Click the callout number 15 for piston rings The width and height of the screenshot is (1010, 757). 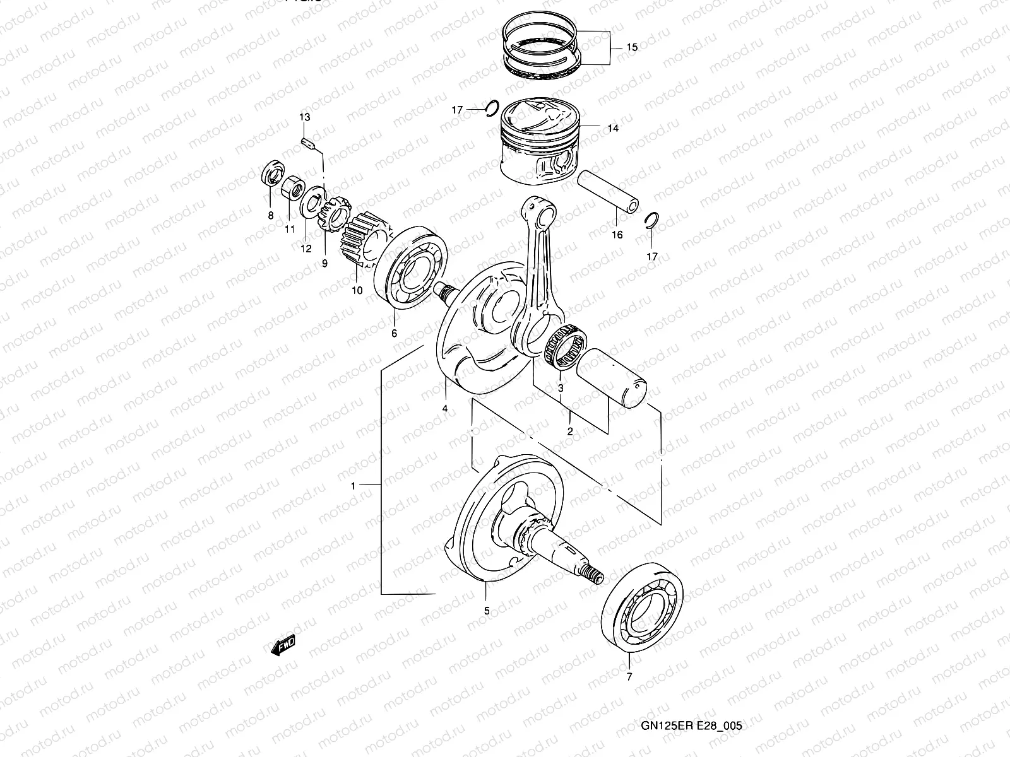click(632, 48)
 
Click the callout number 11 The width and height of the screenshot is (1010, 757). click(290, 230)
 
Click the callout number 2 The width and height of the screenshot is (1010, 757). click(570, 432)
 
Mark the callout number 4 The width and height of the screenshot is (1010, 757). click(445, 409)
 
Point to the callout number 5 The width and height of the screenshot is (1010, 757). click(487, 611)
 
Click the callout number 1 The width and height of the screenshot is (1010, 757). click(353, 486)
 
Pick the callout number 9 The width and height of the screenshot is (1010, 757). click(324, 264)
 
